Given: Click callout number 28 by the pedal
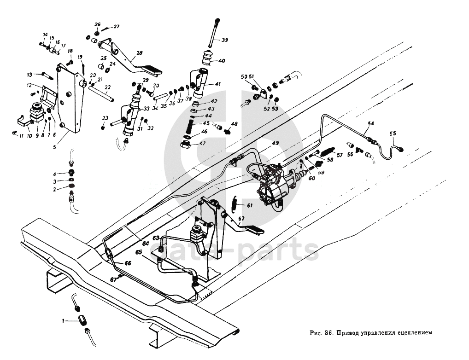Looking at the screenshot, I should (x=140, y=52).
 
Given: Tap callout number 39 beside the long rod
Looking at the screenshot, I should (x=224, y=40).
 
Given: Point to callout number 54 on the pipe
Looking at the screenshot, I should (x=371, y=123).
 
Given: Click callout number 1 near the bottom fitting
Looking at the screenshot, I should (x=64, y=320).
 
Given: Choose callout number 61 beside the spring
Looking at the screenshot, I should (x=249, y=205).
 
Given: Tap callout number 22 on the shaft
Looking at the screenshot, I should (x=107, y=87).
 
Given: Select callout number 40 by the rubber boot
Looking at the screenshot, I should (x=222, y=60).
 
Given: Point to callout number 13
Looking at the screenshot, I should (x=29, y=74).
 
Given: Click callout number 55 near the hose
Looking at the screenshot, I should (x=393, y=134).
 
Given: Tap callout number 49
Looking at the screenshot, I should (x=275, y=143).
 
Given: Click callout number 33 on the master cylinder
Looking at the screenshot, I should (x=147, y=109).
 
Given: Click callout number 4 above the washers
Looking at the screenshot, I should (x=54, y=174).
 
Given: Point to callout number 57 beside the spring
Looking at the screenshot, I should (x=340, y=155).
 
